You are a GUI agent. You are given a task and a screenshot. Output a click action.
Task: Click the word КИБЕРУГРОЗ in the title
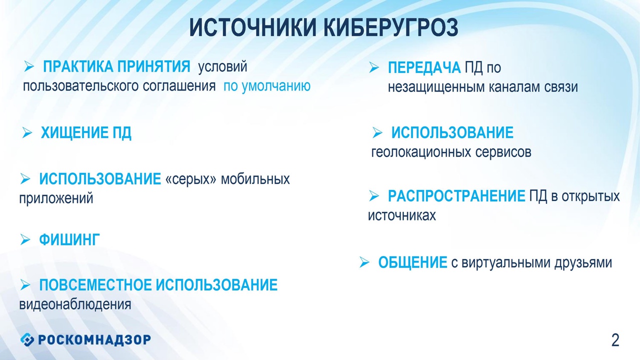point(391,27)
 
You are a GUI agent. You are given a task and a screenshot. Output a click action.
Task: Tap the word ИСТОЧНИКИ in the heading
point(253,27)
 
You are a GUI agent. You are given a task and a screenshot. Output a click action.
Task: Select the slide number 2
point(615,340)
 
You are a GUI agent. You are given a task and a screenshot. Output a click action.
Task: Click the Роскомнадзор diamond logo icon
point(27,339)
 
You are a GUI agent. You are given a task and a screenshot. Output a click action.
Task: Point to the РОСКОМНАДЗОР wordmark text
point(94,339)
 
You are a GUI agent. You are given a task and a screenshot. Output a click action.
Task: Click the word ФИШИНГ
point(69,239)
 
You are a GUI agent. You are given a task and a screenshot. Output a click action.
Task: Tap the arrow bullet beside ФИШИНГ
point(25,239)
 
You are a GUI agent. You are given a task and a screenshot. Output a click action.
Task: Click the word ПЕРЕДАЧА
point(424,67)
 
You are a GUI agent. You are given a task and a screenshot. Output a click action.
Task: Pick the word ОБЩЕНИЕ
point(413,262)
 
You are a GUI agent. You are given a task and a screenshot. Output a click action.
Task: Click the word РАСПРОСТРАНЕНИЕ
point(456,196)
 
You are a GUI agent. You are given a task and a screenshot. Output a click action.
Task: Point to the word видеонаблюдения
point(75,304)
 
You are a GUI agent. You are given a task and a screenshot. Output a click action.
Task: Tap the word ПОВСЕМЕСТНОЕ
point(95,285)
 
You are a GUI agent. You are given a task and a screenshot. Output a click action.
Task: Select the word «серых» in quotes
point(191,179)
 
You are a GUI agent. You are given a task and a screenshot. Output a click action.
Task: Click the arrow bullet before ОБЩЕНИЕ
point(364,262)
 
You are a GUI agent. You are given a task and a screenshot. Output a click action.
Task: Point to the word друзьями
point(583,263)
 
